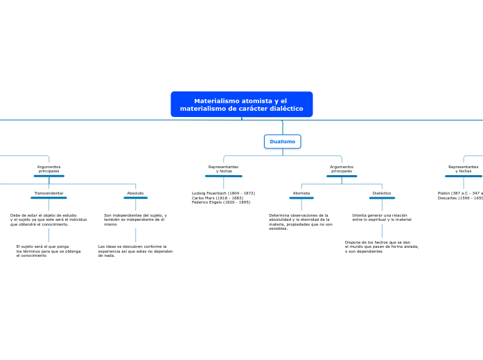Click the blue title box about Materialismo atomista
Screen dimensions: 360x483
[x=241, y=105]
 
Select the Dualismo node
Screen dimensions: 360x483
[x=282, y=141]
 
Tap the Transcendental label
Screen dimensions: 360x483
[x=49, y=193]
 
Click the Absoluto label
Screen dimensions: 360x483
[x=135, y=193]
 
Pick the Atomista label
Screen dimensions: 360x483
[x=301, y=193]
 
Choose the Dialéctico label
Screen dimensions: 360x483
[x=382, y=193]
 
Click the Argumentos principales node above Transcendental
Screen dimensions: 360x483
[x=49, y=169]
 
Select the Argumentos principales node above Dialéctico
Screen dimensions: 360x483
[x=342, y=169]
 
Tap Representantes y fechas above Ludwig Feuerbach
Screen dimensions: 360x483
[x=223, y=169]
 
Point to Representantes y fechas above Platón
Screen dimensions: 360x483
[x=463, y=169]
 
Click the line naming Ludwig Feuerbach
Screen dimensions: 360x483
[x=223, y=193]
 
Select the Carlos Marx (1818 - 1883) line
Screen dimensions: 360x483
[x=218, y=198]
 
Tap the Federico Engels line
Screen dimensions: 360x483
[x=221, y=202]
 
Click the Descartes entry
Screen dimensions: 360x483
[x=460, y=198]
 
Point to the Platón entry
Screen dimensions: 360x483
[x=460, y=193]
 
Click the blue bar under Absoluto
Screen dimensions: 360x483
[x=135, y=198]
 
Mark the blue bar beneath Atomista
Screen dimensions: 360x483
[x=301, y=198]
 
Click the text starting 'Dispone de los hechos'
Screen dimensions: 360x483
[x=382, y=246]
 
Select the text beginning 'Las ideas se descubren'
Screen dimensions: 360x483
[x=135, y=251]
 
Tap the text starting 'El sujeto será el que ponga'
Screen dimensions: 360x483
[x=49, y=251]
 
